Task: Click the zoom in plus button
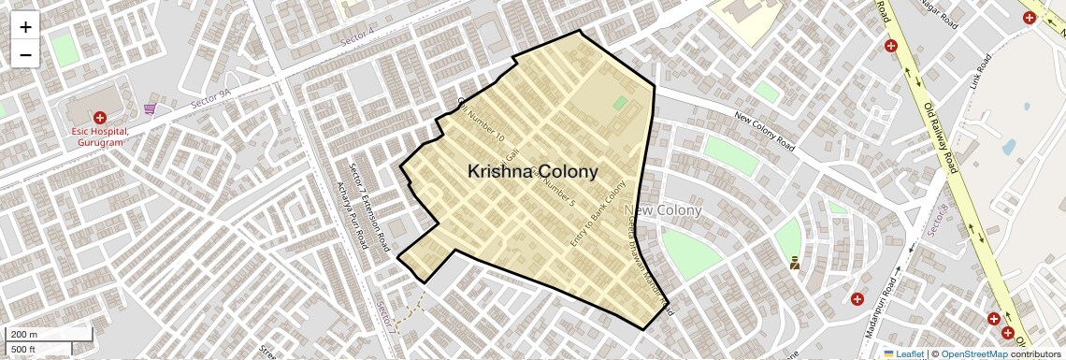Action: [x=25, y=27]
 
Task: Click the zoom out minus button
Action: [x=25, y=55]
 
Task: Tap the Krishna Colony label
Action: [x=532, y=172]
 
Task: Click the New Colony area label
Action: [x=663, y=210]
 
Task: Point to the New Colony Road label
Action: [x=764, y=133]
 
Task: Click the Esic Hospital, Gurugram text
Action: [x=100, y=137]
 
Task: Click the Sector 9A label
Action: [x=210, y=96]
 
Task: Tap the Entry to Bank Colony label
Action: [x=598, y=214]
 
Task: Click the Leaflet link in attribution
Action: [x=903, y=353]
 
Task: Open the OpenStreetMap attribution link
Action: [x=973, y=353]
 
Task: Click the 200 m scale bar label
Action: [x=25, y=334]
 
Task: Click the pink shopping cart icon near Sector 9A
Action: [x=150, y=109]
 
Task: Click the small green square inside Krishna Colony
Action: [x=620, y=103]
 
